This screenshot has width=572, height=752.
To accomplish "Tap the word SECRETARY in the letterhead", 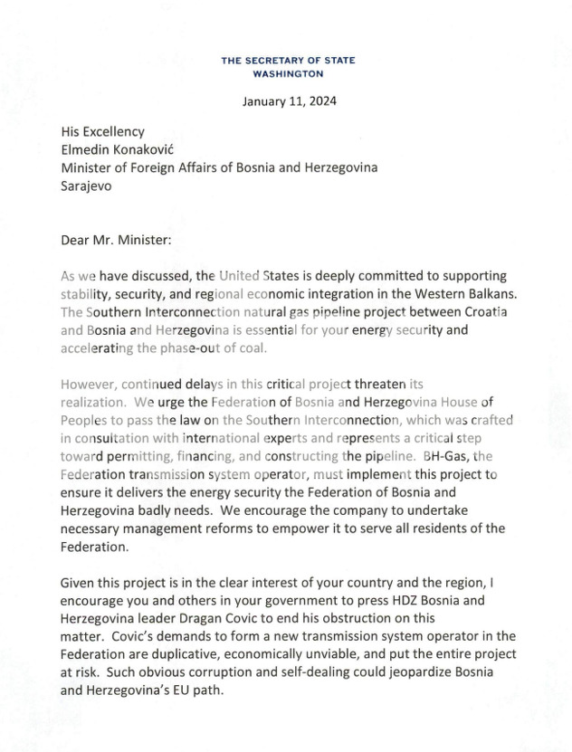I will tap(281, 60).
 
